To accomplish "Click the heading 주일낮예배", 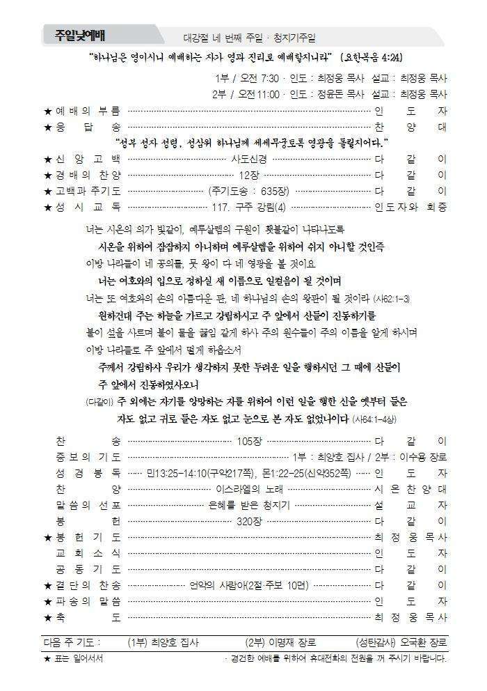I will [x=85, y=36].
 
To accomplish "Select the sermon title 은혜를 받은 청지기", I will [x=249, y=505].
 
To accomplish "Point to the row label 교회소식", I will [x=88, y=553].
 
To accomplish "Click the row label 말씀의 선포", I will [x=88, y=505].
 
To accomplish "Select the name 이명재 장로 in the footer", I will [x=292, y=642].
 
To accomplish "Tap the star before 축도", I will [x=47, y=617].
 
